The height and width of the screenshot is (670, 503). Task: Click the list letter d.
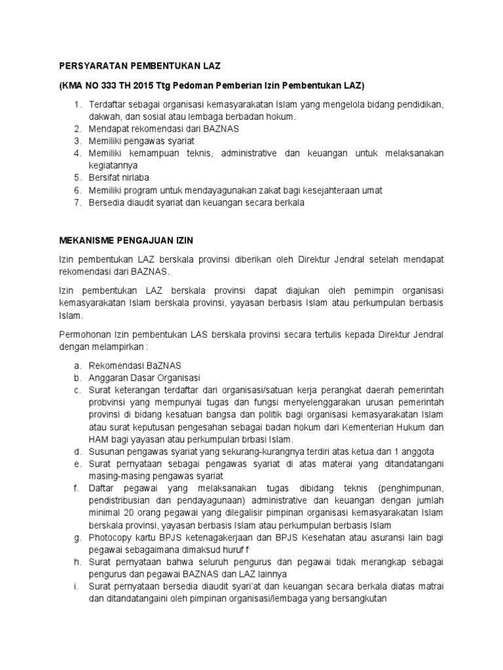click(76, 451)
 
